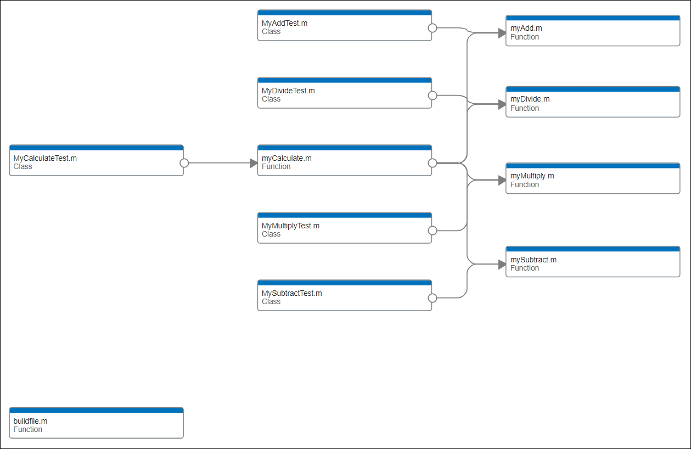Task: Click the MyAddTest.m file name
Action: point(284,24)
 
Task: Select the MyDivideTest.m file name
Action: point(288,91)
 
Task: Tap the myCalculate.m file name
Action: point(286,159)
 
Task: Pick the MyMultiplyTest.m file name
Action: point(290,226)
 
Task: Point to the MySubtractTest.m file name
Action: point(291,294)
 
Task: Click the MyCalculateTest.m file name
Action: point(45,159)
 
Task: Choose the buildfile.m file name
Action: point(30,422)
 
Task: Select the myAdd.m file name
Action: point(526,29)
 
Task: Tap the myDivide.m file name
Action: point(530,99)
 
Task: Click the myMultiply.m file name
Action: point(532,176)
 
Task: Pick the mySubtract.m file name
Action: point(533,260)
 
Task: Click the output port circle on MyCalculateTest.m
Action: point(184,163)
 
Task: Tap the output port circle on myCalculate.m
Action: point(432,163)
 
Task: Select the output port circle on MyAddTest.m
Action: point(432,28)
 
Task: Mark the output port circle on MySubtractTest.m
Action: point(432,298)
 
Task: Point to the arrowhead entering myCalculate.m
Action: point(254,163)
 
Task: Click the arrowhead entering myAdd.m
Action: point(502,33)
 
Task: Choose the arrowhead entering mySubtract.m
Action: point(502,265)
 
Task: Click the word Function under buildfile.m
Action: point(27,430)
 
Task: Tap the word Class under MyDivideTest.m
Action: point(271,99)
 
